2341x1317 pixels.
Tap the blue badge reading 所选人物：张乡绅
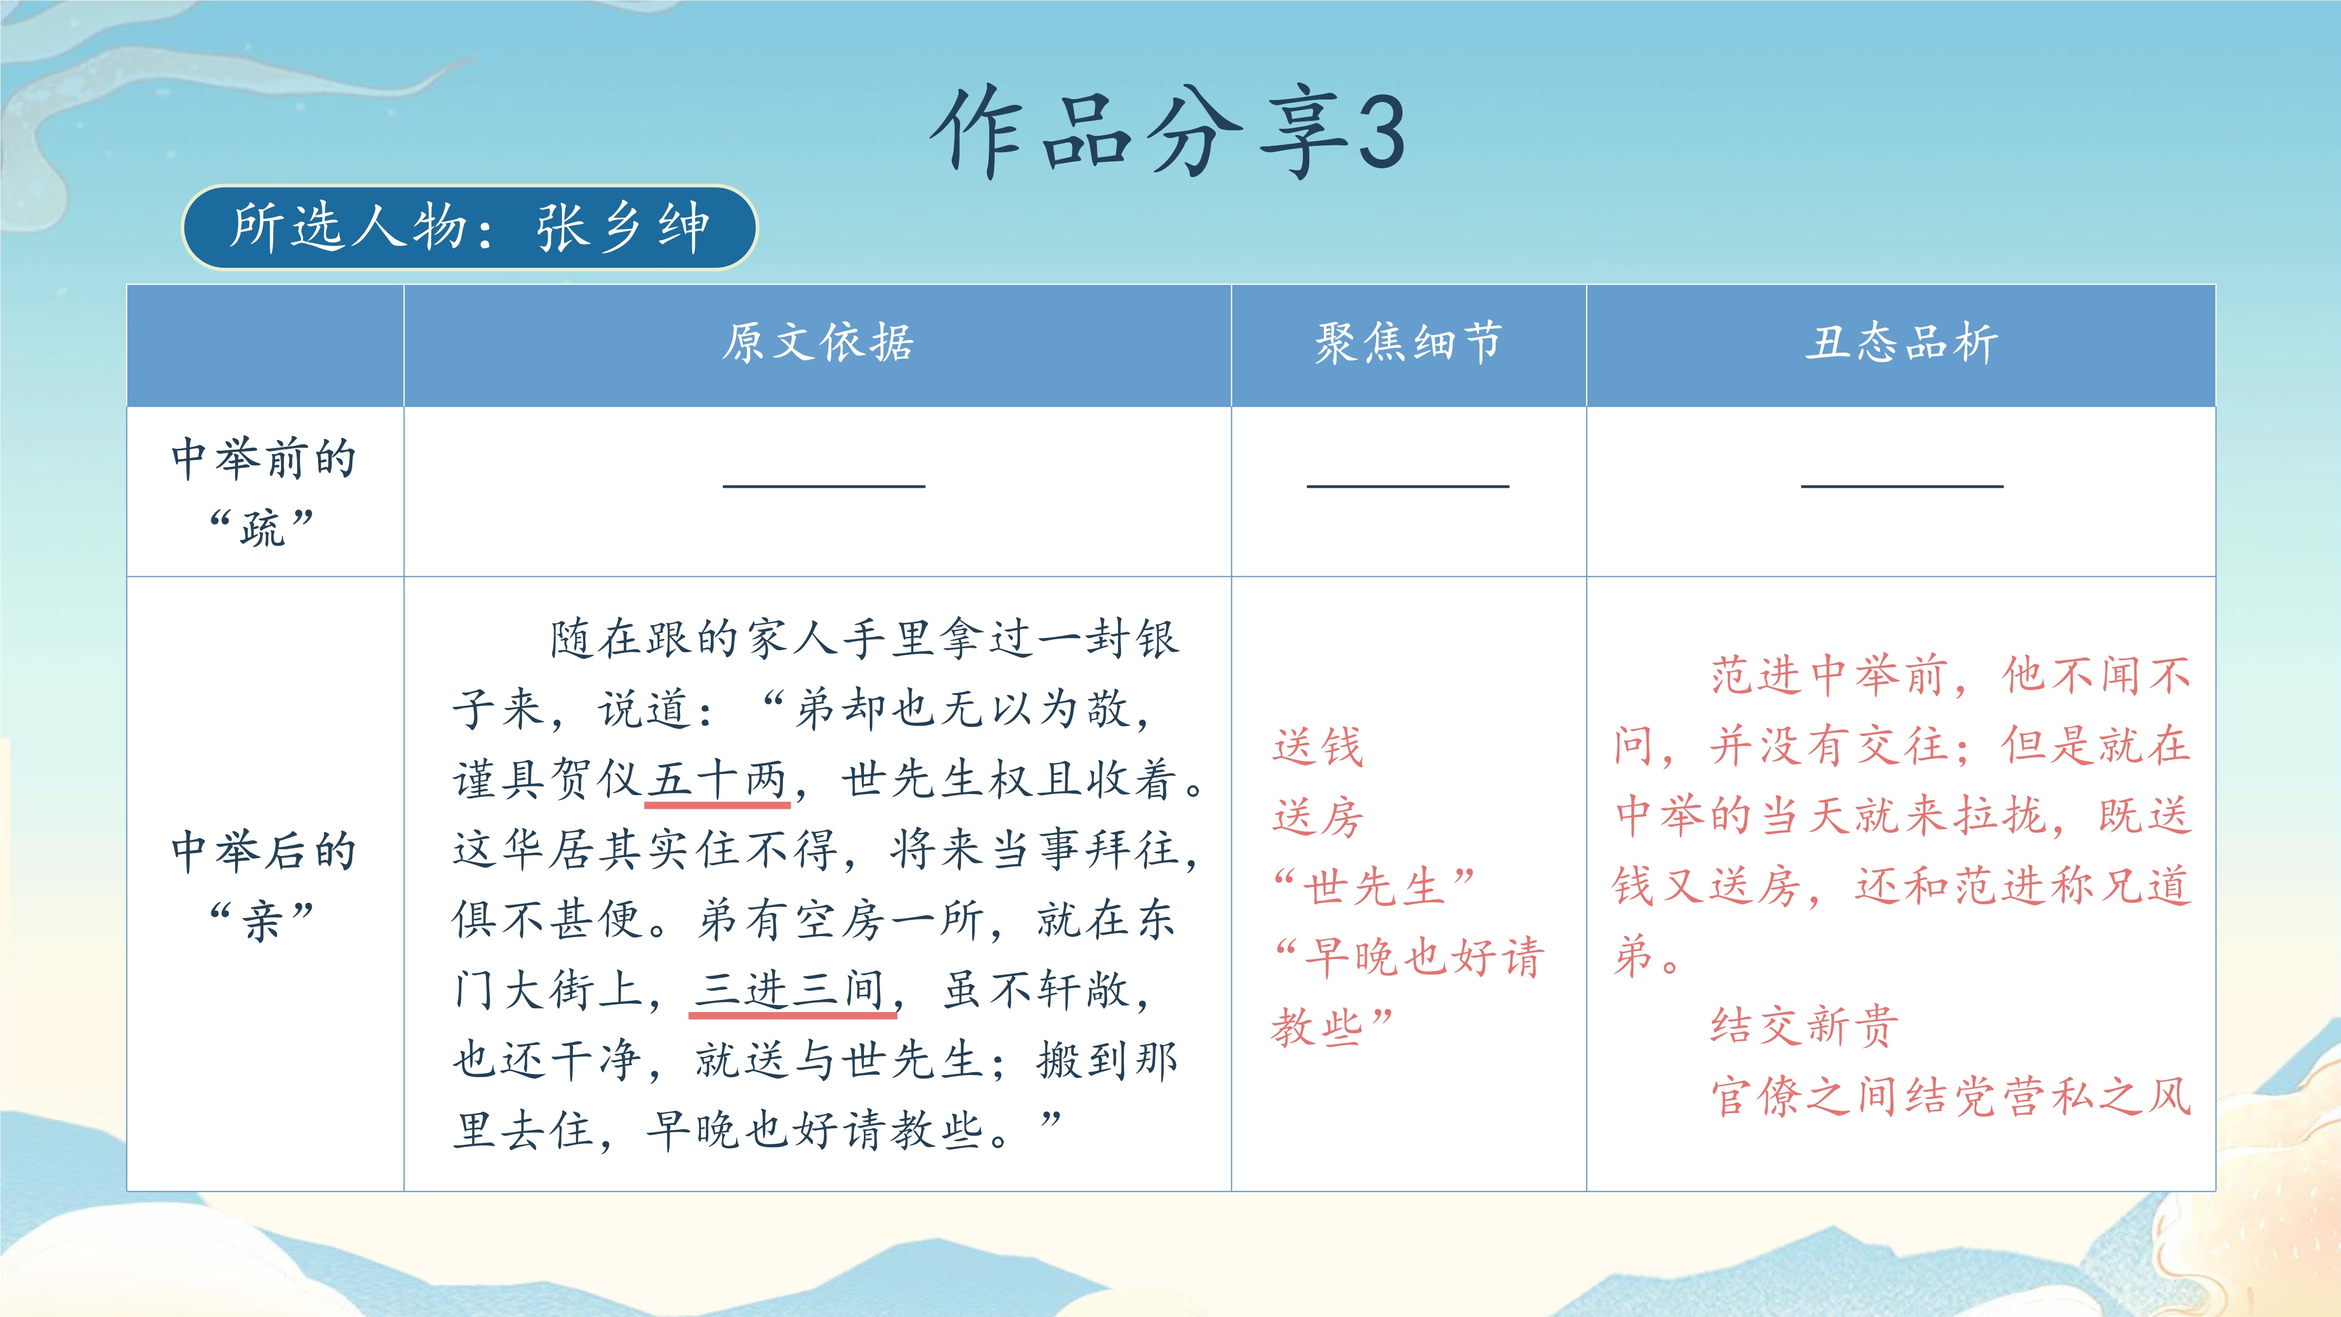click(x=470, y=227)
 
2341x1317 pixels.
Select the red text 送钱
click(x=1318, y=747)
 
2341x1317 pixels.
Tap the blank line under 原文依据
click(x=824, y=486)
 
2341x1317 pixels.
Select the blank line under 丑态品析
click(x=1902, y=486)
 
